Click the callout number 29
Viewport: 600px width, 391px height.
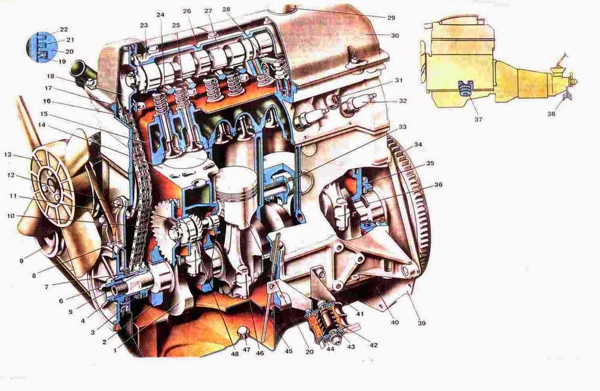[x=391, y=17]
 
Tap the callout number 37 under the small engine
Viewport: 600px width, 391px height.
[x=478, y=119]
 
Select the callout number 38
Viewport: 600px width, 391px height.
[x=551, y=113]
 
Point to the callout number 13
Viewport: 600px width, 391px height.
[x=8, y=155]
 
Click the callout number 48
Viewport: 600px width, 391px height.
[x=235, y=353]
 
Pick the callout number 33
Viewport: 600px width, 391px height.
[x=402, y=127]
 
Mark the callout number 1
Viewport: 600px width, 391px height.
[x=115, y=350]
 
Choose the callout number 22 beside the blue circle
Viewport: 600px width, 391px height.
[x=64, y=29]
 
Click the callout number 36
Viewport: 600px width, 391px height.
[x=438, y=185]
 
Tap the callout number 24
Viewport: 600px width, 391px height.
[x=160, y=15]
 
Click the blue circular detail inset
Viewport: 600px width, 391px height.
[x=42, y=47]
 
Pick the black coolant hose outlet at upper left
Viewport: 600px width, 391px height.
[x=81, y=71]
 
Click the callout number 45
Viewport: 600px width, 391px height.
[x=289, y=351]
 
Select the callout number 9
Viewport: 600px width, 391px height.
[x=22, y=261]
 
